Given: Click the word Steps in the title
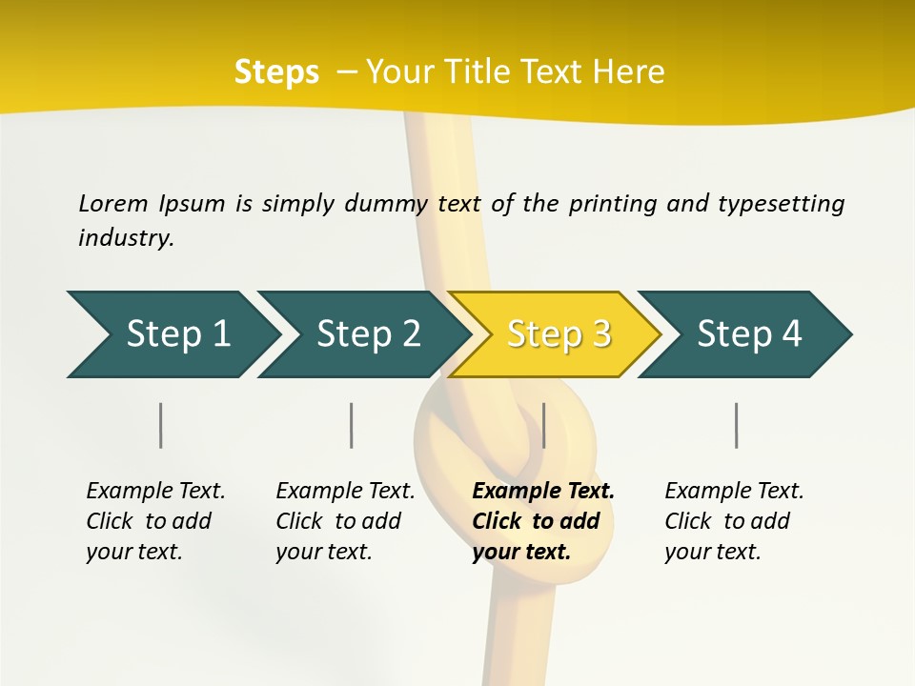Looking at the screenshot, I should (276, 72).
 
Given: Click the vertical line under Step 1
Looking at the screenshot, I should (161, 425).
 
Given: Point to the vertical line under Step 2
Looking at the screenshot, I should (352, 425).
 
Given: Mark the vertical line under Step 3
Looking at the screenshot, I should (543, 425).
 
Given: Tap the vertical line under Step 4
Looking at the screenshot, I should (736, 425).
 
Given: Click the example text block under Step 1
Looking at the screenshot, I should (155, 521).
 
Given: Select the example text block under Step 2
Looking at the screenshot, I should (345, 521).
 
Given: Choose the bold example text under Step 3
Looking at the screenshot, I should (543, 521).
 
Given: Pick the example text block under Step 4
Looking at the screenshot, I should (734, 521).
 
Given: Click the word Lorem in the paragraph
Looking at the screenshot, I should (112, 203).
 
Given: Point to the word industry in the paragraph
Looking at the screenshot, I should (125, 238).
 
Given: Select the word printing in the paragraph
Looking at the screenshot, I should (610, 203).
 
